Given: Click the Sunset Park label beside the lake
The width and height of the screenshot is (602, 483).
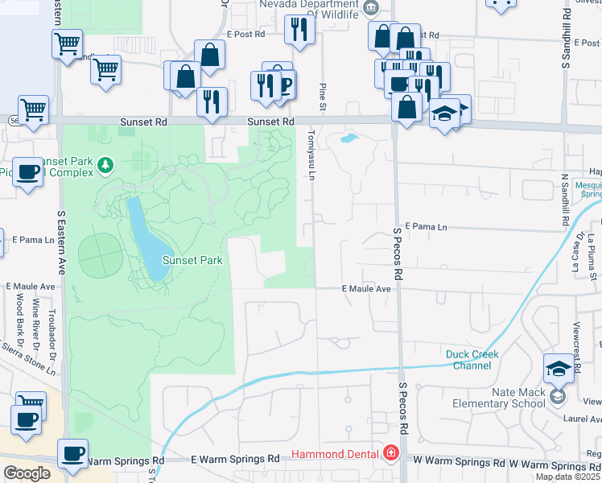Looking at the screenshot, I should point(192,260).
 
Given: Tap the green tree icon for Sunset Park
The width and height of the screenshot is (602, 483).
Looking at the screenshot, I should point(105,166).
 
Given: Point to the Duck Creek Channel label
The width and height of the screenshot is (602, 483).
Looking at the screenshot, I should point(472,360).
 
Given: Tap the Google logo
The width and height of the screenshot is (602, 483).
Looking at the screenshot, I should point(27,473).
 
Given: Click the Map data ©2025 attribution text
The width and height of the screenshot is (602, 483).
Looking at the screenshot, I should point(567,477).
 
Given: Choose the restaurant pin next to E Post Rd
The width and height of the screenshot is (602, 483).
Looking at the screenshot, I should point(299,30).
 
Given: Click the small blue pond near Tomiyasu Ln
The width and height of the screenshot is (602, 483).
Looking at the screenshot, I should point(349,138).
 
